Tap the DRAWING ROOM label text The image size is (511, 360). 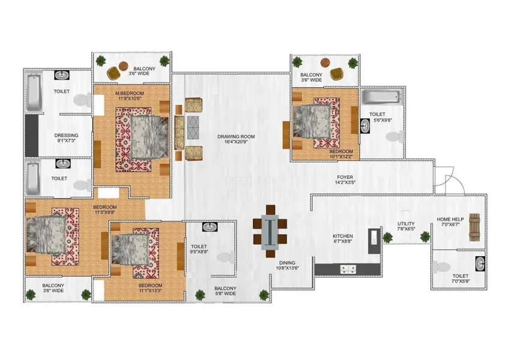click(x=236, y=136)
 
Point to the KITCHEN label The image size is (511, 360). click(x=343, y=236)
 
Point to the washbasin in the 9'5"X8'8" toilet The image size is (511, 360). click(x=209, y=227)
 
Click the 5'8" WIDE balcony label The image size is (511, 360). click(x=225, y=291)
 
